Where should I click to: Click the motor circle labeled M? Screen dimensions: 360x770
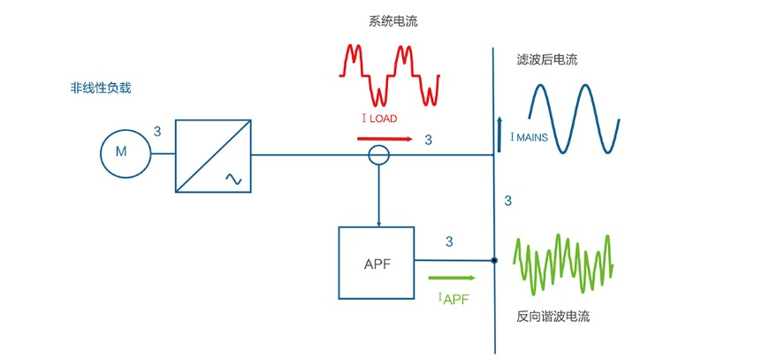[x=121, y=152]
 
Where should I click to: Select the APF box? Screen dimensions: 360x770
[x=376, y=263]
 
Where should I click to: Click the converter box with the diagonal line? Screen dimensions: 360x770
[x=213, y=156]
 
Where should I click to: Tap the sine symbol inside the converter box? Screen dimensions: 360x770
[x=233, y=179]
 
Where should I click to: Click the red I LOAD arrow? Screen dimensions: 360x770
[x=384, y=139]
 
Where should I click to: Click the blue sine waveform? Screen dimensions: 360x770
[x=574, y=119]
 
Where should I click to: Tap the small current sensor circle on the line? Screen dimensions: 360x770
[x=378, y=156]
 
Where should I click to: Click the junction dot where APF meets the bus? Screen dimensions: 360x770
[x=494, y=260]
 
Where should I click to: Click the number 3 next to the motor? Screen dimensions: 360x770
[x=157, y=132]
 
